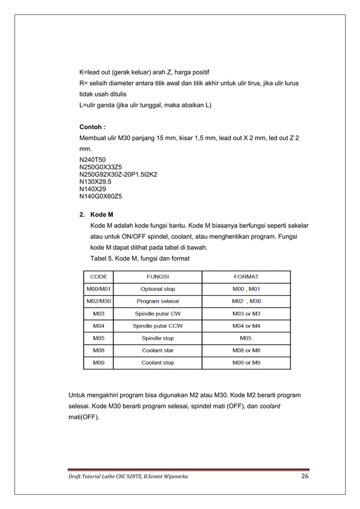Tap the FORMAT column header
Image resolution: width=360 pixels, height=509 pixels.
click(246, 277)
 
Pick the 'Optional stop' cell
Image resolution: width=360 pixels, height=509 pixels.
click(157, 289)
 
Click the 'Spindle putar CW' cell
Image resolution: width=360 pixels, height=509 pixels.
click(157, 314)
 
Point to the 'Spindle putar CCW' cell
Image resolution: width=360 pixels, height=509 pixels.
click(157, 326)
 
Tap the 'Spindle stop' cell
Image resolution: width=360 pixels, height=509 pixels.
click(157, 339)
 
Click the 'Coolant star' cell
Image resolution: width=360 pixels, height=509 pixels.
click(157, 350)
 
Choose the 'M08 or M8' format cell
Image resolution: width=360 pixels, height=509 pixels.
click(246, 350)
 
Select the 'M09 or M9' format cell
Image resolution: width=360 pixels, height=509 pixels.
click(246, 363)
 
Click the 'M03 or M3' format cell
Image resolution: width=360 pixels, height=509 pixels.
click(246, 314)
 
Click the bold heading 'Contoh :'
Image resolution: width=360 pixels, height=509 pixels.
click(93, 126)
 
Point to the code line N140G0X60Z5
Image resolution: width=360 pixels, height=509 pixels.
click(104, 197)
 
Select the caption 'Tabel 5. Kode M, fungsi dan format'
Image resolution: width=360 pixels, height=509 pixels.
click(140, 258)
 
